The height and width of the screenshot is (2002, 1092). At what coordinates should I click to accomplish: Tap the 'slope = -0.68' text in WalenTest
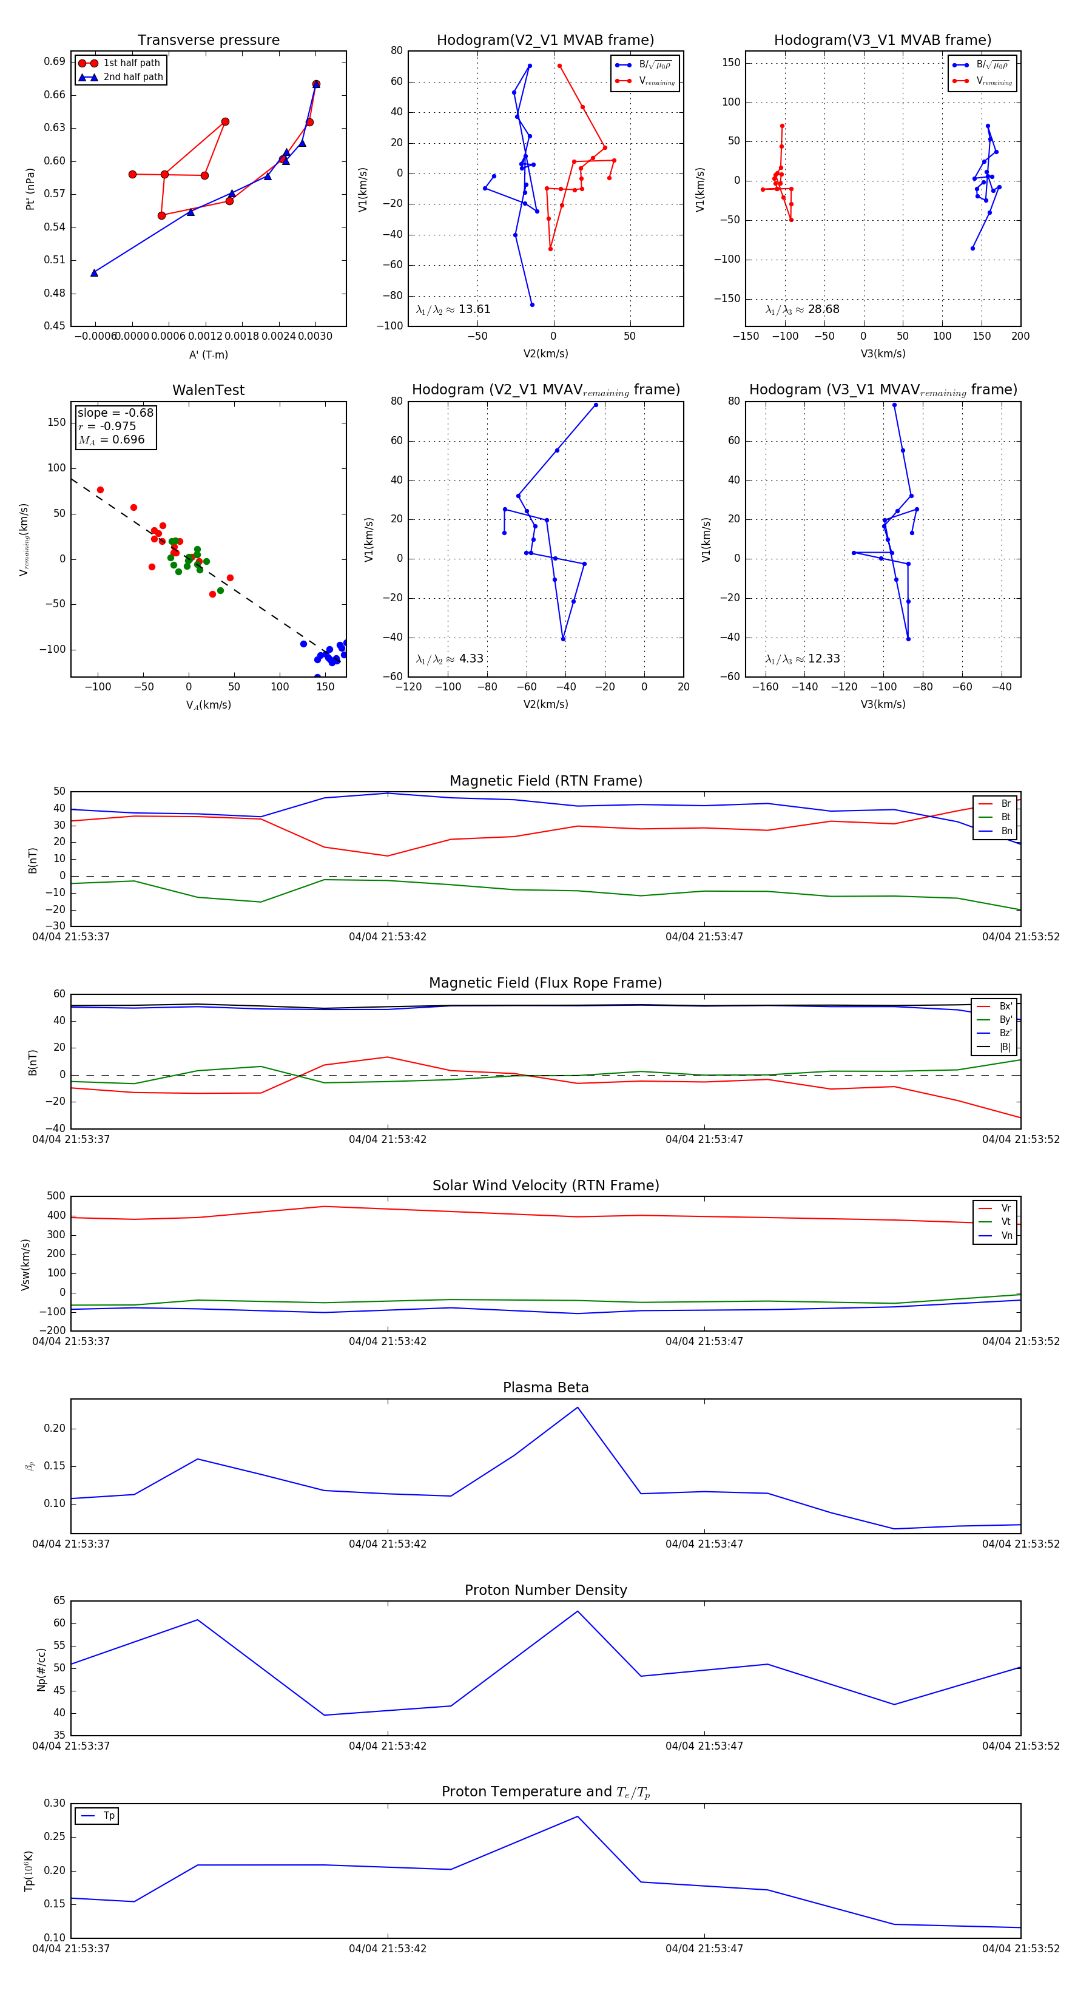point(115,413)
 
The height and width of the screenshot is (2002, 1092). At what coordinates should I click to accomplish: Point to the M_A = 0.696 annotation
point(111,440)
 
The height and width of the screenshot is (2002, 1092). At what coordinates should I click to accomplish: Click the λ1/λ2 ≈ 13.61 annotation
point(453,309)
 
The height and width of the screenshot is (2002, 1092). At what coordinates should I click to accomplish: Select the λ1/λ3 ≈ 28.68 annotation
point(802,309)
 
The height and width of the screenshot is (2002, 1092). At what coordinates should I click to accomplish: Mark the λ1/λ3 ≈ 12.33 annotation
point(802,659)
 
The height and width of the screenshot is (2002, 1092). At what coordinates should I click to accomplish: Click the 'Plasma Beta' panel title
point(545,1387)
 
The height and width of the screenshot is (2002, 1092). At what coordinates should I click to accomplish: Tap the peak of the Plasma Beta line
point(578,1407)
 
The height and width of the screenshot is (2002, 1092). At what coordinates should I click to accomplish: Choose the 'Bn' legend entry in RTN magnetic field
point(1006,831)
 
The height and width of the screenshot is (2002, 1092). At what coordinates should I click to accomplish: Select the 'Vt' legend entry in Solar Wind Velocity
point(1006,1222)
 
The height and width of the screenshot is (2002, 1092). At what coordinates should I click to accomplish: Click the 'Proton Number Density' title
point(545,1590)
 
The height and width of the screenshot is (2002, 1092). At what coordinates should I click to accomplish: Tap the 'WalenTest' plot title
point(208,390)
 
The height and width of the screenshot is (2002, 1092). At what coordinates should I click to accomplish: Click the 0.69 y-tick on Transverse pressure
point(55,61)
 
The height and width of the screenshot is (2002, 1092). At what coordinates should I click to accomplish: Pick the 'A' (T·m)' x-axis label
point(208,354)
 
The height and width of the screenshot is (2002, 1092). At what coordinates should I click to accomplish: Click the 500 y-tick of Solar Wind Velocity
point(56,1196)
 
